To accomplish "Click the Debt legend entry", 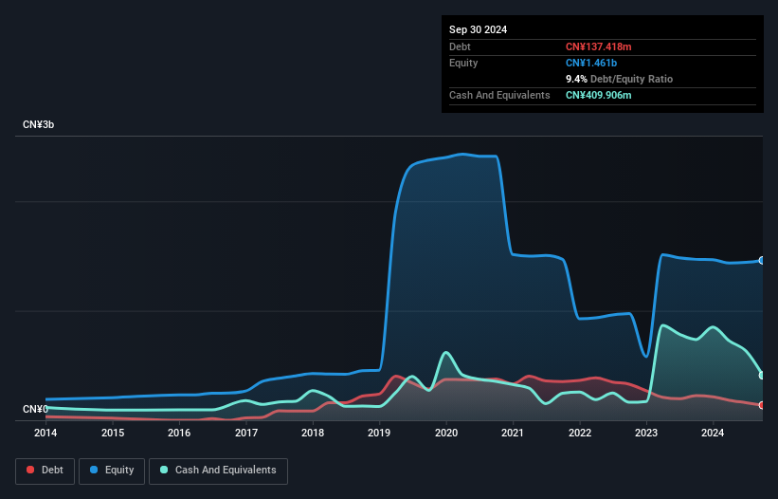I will pos(45,470).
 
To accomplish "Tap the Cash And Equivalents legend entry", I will pos(218,470).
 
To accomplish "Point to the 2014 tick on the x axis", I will pos(45,433).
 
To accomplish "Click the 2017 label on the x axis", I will pos(246,433).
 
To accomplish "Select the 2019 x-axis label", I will pos(379,433).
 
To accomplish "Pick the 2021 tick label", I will pos(513,433).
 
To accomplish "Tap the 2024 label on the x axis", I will pos(713,433).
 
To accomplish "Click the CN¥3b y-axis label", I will pos(39,125).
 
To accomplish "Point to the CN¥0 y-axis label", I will pos(35,409).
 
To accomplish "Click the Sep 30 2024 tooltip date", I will pos(478,29).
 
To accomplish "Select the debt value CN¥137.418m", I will pos(598,46).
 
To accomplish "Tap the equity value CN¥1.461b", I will pos(592,63).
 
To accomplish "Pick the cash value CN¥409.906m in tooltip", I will pos(598,95).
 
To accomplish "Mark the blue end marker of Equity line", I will pos(762,260).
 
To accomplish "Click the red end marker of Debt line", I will pos(762,405).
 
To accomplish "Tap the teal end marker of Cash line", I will pos(762,376).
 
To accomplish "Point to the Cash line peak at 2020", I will pos(445,353).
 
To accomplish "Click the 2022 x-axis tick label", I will pos(579,433).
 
